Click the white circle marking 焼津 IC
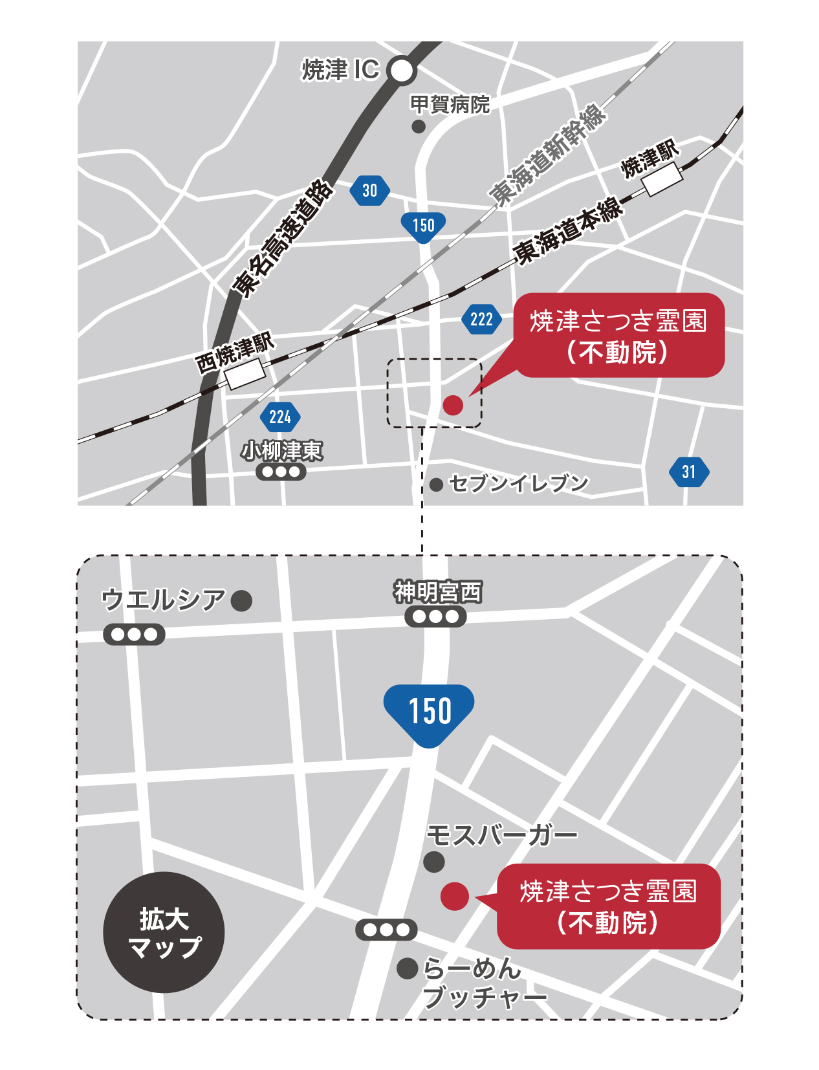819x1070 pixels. (402, 71)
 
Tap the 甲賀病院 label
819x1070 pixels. (450, 104)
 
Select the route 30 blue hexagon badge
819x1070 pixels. (369, 190)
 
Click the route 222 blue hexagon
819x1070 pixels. (481, 319)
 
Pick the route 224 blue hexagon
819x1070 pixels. (280, 417)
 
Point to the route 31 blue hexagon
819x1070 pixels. (689, 472)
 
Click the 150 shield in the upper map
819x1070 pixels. (424, 226)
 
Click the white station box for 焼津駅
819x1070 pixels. (662, 179)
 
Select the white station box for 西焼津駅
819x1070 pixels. (245, 374)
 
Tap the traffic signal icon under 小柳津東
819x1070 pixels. (281, 472)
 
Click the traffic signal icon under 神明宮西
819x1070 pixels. (435, 617)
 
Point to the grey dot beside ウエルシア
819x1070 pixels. (241, 600)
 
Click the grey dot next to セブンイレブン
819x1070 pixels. (436, 485)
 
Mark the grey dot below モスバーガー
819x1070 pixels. (433, 862)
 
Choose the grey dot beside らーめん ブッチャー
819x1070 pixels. (407, 968)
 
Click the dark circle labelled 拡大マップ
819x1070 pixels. (164, 932)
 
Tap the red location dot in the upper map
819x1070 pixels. (453, 405)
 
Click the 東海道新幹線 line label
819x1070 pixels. (547, 155)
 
